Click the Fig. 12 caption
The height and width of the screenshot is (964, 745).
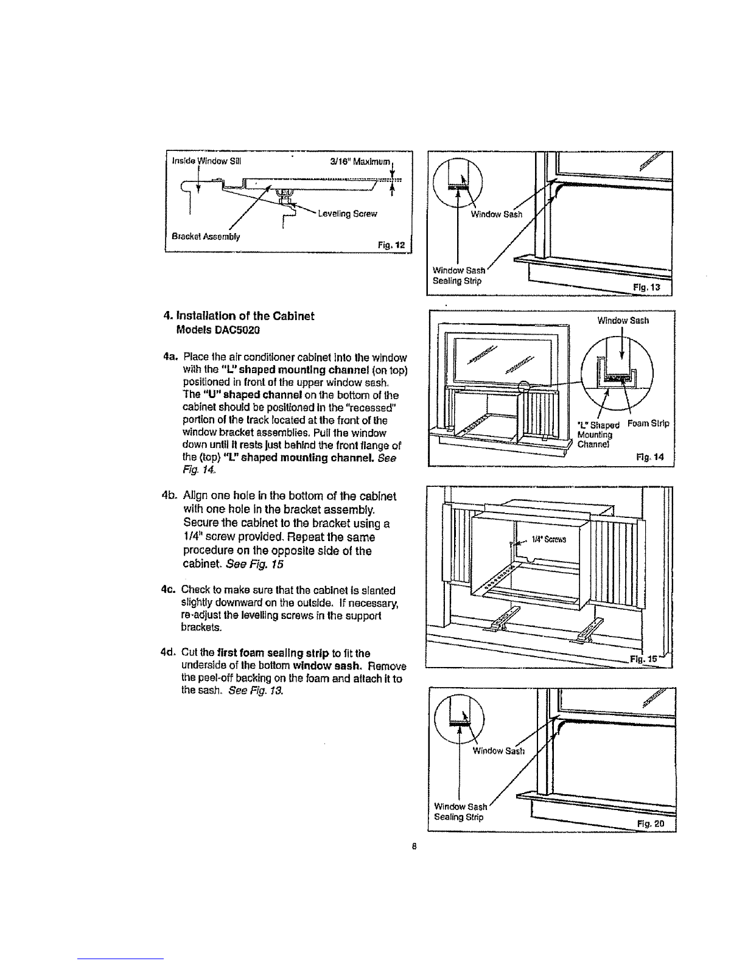pos(391,245)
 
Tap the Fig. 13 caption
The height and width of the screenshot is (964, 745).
pos(646,287)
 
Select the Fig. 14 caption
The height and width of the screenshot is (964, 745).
pos(650,458)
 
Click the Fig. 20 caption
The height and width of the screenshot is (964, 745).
pos(651,824)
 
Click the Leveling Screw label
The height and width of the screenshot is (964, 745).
pos(348,214)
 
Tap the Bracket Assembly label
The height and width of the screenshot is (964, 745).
pos(206,237)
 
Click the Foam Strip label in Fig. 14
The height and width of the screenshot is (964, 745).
pos(648,424)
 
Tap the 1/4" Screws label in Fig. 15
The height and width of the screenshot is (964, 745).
pos(549,539)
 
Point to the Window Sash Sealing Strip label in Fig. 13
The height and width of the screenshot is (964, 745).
pos(459,276)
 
